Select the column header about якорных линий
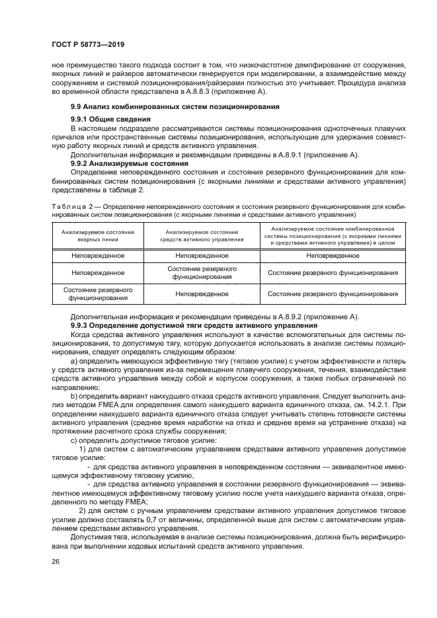(98, 236)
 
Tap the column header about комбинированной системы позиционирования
(333, 236)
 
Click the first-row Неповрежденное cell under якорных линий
(98, 255)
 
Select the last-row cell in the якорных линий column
(98, 293)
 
